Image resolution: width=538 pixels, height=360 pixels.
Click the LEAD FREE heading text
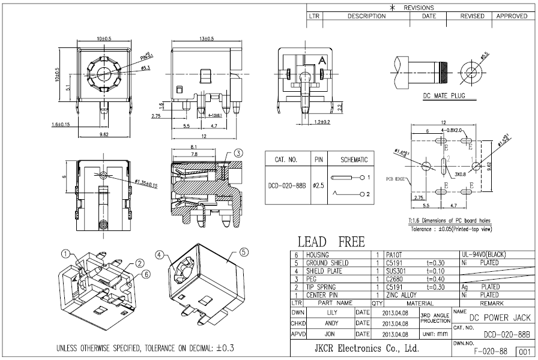click(331, 242)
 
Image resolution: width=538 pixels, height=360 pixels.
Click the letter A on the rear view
click(322, 60)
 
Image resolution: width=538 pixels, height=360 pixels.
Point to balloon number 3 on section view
click(238, 153)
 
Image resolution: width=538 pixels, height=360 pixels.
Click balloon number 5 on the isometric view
click(244, 253)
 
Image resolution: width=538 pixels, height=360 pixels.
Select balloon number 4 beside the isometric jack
click(160, 254)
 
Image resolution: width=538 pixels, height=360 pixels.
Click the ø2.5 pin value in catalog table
click(318, 186)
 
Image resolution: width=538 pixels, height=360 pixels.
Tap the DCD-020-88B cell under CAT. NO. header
click(286, 186)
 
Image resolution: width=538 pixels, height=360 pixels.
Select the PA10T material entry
click(394, 255)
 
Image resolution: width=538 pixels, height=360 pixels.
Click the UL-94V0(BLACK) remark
click(484, 255)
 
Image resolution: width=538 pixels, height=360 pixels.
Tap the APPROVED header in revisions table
click(512, 16)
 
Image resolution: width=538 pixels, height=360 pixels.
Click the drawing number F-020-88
click(491, 350)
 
